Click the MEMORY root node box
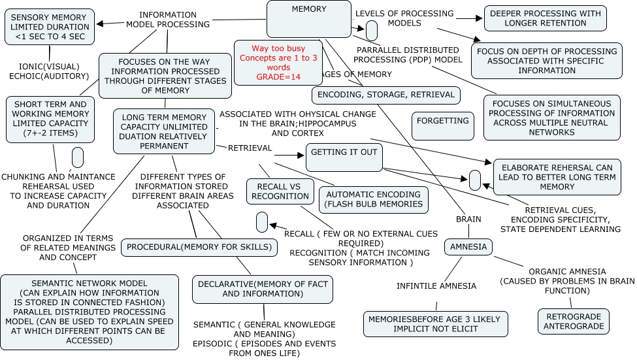point(309,18)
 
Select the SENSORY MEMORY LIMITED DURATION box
point(50,27)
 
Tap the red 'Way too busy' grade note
point(279,63)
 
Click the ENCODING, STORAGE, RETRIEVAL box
point(385,95)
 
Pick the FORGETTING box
point(443,125)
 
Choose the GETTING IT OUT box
point(344,156)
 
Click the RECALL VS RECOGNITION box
point(280,191)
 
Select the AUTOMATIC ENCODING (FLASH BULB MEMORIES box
point(373,199)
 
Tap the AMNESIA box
point(468,247)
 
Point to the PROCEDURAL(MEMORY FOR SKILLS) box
point(199,247)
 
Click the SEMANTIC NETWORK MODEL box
point(90,312)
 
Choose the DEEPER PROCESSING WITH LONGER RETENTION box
point(545,18)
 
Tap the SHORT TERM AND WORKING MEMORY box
point(50,119)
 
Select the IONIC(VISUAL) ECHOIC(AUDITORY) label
point(54,71)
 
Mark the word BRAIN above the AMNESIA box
point(468,220)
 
